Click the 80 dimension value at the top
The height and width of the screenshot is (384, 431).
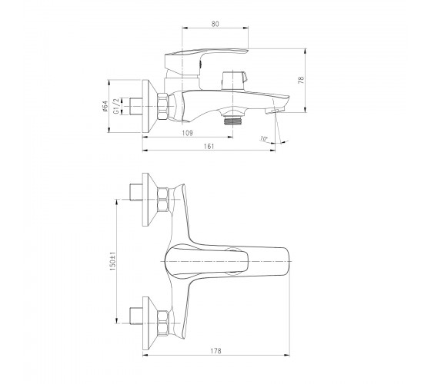click(215, 24)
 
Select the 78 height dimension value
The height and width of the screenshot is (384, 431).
click(301, 80)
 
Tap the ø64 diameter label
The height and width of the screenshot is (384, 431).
click(105, 107)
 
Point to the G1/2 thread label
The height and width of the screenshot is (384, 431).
click(116, 106)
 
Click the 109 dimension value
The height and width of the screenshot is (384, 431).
click(188, 133)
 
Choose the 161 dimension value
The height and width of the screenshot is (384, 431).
click(209, 146)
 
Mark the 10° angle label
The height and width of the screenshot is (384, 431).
click(263, 138)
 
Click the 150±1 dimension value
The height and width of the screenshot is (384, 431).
click(112, 261)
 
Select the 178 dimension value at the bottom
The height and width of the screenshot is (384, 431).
click(215, 351)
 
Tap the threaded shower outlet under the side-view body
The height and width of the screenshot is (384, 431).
click(232, 120)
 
